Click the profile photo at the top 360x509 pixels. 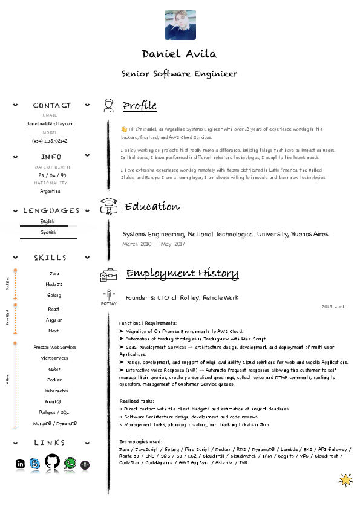click(x=180, y=25)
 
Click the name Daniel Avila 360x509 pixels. click(x=178, y=54)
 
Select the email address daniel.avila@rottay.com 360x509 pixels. click(x=50, y=124)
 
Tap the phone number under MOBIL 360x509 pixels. click(x=50, y=141)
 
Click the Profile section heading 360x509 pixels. click(x=139, y=106)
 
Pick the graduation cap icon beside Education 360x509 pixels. click(x=108, y=206)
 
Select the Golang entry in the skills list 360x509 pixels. click(x=54, y=296)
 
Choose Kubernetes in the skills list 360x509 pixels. click(x=54, y=391)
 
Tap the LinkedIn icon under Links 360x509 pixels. click(x=21, y=464)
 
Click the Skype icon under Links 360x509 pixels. click(x=34, y=464)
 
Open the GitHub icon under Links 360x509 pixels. click(x=52, y=463)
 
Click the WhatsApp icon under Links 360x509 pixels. click(x=70, y=464)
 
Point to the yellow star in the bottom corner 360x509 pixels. click(x=345, y=480)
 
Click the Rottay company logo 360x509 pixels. click(x=108, y=298)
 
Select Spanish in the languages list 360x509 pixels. click(x=48, y=232)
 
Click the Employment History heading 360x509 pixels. click(x=182, y=274)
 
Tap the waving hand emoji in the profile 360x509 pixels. click(x=123, y=129)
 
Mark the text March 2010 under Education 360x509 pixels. click(x=137, y=244)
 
